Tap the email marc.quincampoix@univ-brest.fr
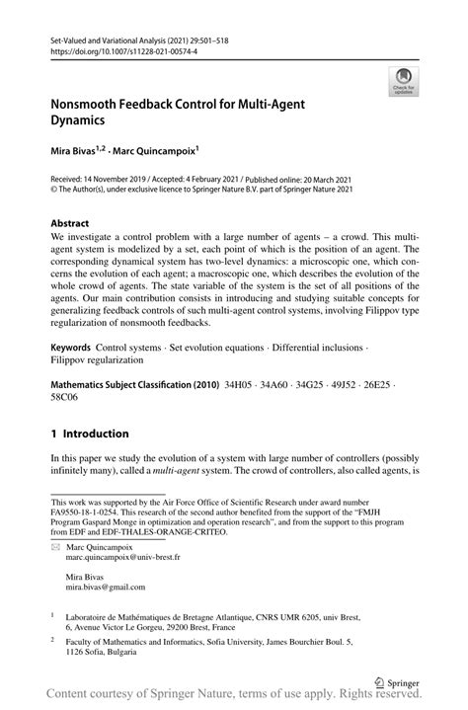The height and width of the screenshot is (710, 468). point(123,557)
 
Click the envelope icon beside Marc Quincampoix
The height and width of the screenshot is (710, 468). point(54,545)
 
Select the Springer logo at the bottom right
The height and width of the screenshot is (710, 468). point(399,680)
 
